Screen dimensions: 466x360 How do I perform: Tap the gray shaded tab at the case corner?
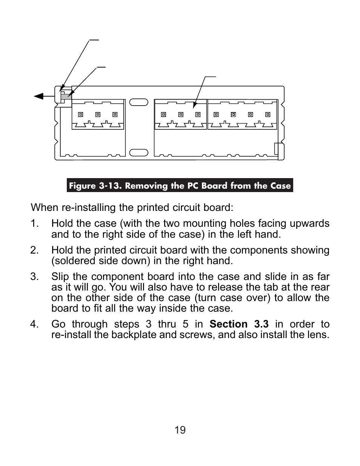pyautogui.click(x=66, y=96)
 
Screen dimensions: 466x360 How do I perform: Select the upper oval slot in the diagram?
pyautogui.click(x=138, y=102)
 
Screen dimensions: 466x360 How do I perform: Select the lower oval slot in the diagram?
pyautogui.click(x=138, y=152)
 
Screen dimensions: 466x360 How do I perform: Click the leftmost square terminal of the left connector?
pyautogui.click(x=80, y=114)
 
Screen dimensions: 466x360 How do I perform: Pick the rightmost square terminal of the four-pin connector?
pyautogui.click(x=268, y=114)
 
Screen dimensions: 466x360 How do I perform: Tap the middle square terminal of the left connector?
pyautogui.click(x=98, y=114)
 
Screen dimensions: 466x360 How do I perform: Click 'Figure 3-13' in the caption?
pyautogui.click(x=95, y=186)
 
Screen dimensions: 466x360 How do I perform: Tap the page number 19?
pyautogui.click(x=180, y=430)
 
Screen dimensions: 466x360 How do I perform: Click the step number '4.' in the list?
pyautogui.click(x=34, y=324)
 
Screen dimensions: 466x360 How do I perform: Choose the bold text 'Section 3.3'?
pyautogui.click(x=239, y=324)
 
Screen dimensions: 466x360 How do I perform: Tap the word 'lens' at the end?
pyautogui.click(x=318, y=335)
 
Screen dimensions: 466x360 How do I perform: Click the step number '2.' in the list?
pyautogui.click(x=34, y=250)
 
